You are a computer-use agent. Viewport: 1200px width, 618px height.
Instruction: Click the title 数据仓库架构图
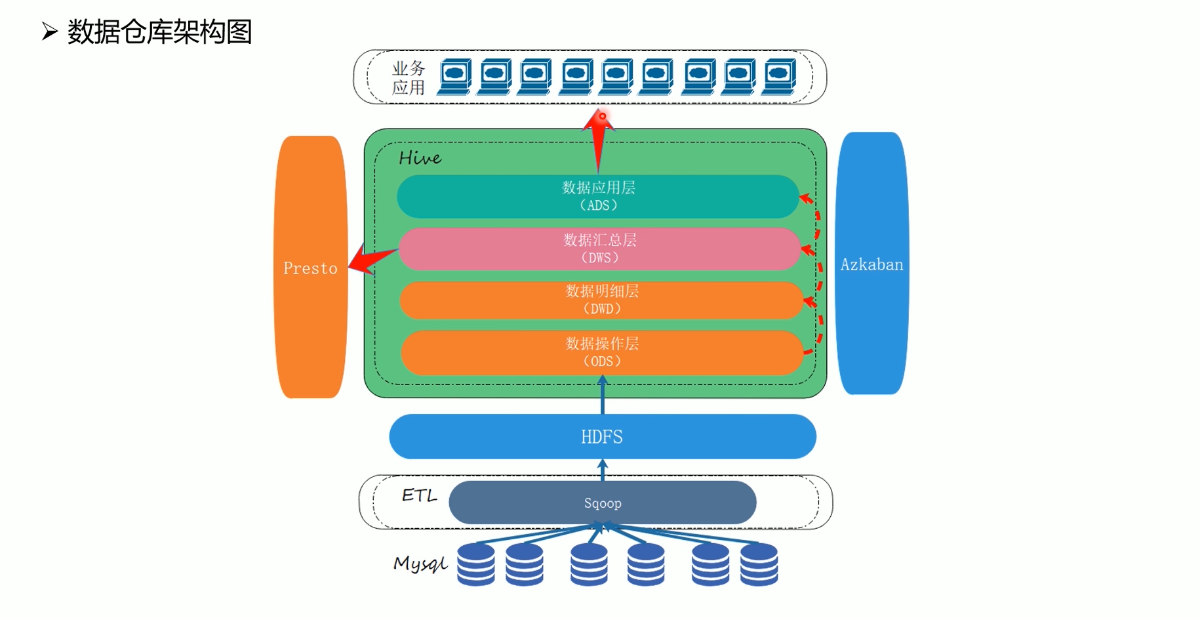[x=159, y=31]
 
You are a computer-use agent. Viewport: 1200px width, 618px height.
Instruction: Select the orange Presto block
[x=310, y=267]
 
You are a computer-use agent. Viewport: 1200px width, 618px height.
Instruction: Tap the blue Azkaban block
[x=872, y=263]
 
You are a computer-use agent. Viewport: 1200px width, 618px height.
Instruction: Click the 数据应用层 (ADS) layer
[x=598, y=196]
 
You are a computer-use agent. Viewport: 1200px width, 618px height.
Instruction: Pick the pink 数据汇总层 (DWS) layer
[x=599, y=249]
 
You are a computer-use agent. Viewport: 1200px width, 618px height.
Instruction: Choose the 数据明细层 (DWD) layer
[x=601, y=300]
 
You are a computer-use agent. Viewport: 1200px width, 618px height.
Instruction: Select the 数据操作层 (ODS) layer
[x=602, y=352]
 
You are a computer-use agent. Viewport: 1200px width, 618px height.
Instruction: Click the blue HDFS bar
[x=603, y=436]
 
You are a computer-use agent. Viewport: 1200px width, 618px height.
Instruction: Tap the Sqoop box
[x=603, y=503]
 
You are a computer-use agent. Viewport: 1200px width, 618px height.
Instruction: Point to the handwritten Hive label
[x=420, y=157]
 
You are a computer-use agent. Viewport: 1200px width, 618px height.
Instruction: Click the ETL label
[x=420, y=495]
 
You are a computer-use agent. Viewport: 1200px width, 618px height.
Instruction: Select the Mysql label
[x=420, y=564]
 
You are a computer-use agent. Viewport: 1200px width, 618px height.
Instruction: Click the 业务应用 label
[x=409, y=77]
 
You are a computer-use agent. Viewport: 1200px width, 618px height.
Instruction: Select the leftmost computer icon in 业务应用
[x=454, y=77]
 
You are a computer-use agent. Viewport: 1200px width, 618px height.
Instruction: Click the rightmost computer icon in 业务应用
[x=779, y=77]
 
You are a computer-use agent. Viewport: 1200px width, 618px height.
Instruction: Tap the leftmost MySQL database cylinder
[x=476, y=564]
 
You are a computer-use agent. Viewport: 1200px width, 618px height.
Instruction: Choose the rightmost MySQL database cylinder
[x=759, y=564]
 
